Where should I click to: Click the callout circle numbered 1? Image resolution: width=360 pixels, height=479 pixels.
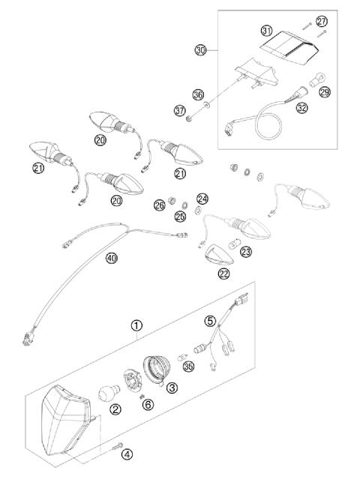[136, 326]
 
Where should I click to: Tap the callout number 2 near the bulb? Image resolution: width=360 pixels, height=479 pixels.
[115, 409]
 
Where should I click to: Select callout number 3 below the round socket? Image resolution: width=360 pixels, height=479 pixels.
[172, 388]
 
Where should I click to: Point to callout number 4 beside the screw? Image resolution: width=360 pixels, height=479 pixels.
[127, 454]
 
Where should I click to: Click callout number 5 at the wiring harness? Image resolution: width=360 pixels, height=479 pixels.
[211, 322]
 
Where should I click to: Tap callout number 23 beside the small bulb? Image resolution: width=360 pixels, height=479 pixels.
[246, 253]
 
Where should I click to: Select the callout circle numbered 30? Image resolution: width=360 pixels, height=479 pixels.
[199, 50]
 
